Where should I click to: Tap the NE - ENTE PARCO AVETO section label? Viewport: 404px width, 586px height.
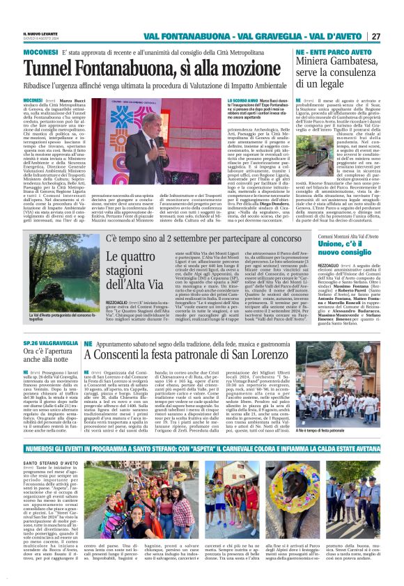pyautogui.click(x=331, y=53)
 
